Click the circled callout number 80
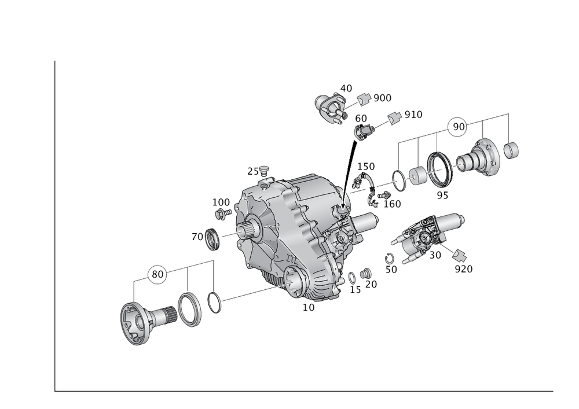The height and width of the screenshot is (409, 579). pyautogui.click(x=157, y=274)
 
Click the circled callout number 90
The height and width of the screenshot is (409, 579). pyautogui.click(x=458, y=127)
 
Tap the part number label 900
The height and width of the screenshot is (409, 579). pyautogui.click(x=383, y=98)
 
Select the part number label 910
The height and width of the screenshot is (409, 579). pyautogui.click(x=413, y=115)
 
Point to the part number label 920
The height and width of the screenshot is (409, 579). pyautogui.click(x=463, y=269)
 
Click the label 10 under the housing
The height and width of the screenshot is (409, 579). pyautogui.click(x=309, y=307)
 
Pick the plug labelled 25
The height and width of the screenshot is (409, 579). pyautogui.click(x=263, y=170)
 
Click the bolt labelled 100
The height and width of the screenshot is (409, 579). pyautogui.click(x=223, y=213)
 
